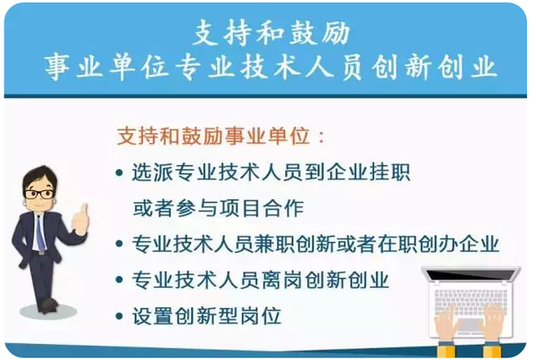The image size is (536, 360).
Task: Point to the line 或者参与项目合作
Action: [218, 209]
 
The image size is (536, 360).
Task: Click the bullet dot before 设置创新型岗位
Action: [120, 316]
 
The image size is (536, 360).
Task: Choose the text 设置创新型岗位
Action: [206, 316]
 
